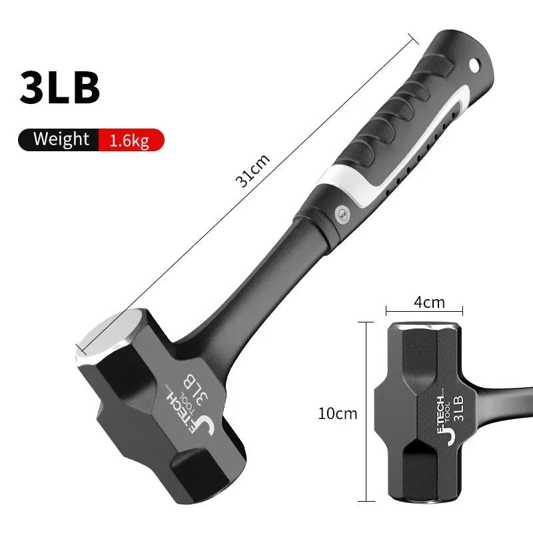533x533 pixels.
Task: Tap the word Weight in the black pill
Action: click(61, 139)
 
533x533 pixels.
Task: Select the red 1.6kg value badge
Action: click(129, 139)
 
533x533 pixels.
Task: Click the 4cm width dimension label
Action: click(429, 302)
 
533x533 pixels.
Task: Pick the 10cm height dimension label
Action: click(338, 413)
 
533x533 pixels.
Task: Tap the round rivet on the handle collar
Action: click(340, 210)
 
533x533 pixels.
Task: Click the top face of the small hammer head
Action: click(424, 326)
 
